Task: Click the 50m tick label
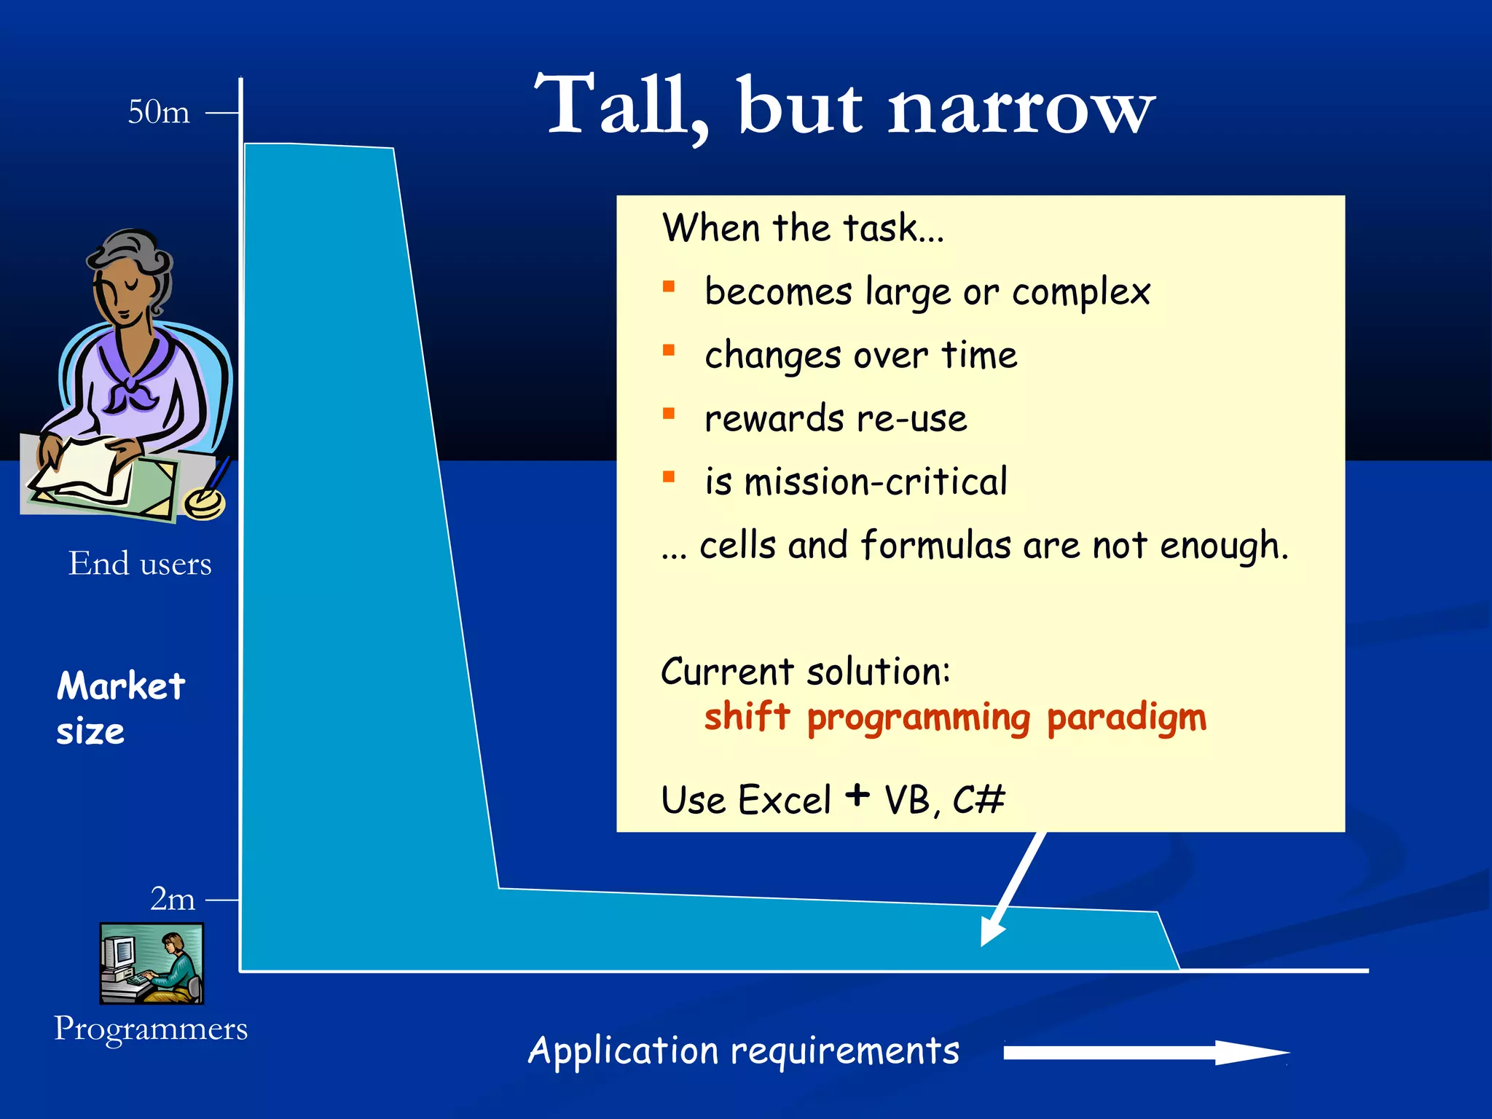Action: point(159,112)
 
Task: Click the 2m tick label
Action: point(173,899)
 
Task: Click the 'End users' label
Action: point(140,564)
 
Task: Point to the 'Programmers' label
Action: point(151,1029)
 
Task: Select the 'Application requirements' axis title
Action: point(743,1051)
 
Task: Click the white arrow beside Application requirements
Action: point(1144,1053)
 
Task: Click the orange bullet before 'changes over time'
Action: point(669,350)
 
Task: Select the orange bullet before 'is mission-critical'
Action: point(669,477)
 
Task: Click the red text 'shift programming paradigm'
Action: point(955,718)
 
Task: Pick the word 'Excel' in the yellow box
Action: point(785,800)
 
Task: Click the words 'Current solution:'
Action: point(805,671)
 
